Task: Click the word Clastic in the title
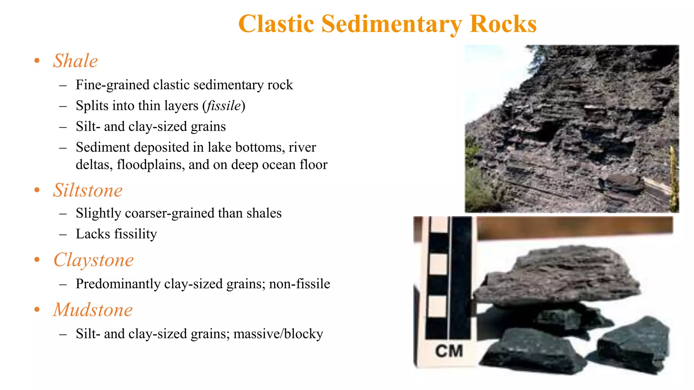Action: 276,24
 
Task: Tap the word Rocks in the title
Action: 503,24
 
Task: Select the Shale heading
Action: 75,61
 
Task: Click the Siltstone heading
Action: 88,190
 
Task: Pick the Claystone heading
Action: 94,260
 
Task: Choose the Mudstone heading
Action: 93,310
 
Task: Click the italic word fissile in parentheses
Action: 224,106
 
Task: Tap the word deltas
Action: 94,165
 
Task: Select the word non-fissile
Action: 299,284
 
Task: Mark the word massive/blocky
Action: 278,334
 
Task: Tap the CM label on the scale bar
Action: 449,351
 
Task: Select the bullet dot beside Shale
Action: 37,61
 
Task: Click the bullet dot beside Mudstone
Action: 37,310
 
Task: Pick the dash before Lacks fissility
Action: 63,234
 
